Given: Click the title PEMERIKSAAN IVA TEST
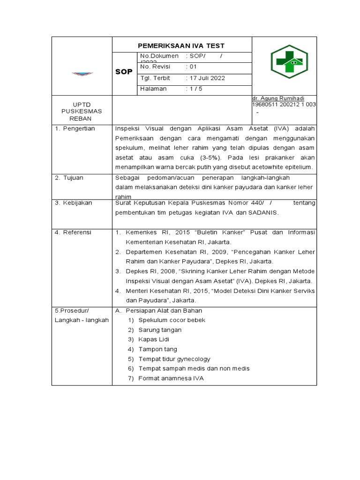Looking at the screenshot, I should tap(181, 45).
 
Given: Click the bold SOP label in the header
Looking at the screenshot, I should tap(124, 72).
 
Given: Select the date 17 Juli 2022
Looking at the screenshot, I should tap(206, 78).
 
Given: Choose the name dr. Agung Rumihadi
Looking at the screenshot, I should tap(278, 98).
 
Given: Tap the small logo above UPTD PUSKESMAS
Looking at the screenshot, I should tap(82, 73).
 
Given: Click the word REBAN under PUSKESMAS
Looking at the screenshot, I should tap(82, 119).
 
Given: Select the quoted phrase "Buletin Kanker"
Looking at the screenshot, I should tap(199, 232).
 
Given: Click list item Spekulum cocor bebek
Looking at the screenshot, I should tap(172, 320).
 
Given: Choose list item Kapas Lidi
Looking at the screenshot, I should tap(154, 339).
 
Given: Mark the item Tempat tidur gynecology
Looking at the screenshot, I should tap(174, 359).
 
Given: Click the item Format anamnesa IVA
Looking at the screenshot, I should tap(171, 378).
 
